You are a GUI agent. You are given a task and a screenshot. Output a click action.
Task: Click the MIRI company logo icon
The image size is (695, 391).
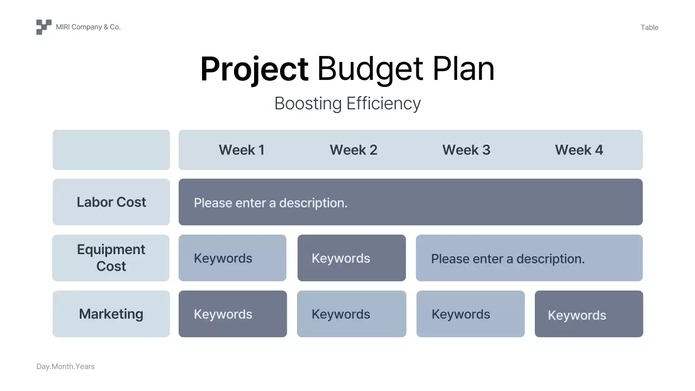tap(44, 27)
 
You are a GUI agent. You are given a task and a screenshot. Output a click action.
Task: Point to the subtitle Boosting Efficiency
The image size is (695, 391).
tap(347, 103)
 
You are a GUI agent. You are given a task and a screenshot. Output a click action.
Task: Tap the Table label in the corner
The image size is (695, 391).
tap(649, 27)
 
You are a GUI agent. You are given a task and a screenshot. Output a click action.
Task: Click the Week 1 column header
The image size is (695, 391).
tap(242, 150)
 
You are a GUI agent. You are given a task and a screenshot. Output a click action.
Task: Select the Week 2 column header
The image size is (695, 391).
tap(353, 150)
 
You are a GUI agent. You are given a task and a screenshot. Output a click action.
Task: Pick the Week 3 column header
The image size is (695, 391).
tap(466, 150)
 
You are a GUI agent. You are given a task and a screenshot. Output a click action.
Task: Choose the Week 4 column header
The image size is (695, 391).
tap(579, 150)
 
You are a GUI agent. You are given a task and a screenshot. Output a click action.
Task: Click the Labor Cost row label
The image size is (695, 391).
tap(111, 202)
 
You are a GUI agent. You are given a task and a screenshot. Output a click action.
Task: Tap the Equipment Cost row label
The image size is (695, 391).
tap(111, 258)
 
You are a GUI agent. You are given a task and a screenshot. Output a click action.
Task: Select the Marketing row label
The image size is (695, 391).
tap(111, 314)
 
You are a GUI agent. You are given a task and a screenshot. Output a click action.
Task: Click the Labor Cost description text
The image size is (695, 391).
tap(270, 203)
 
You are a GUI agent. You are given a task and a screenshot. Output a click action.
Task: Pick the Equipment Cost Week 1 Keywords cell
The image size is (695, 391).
tap(232, 258)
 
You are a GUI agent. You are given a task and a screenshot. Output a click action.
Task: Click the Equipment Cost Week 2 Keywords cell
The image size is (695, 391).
tap(351, 258)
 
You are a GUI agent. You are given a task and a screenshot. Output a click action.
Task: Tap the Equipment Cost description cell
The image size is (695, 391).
tap(529, 258)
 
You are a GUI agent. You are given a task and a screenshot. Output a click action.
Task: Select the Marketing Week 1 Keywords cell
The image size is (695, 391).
tap(233, 314)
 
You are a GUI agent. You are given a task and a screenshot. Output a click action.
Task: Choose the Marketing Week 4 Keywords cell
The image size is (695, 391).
tap(589, 314)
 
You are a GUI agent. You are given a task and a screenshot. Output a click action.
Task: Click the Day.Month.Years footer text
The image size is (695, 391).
tap(66, 367)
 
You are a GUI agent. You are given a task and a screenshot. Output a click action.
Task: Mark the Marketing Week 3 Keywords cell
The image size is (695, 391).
tap(471, 314)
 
